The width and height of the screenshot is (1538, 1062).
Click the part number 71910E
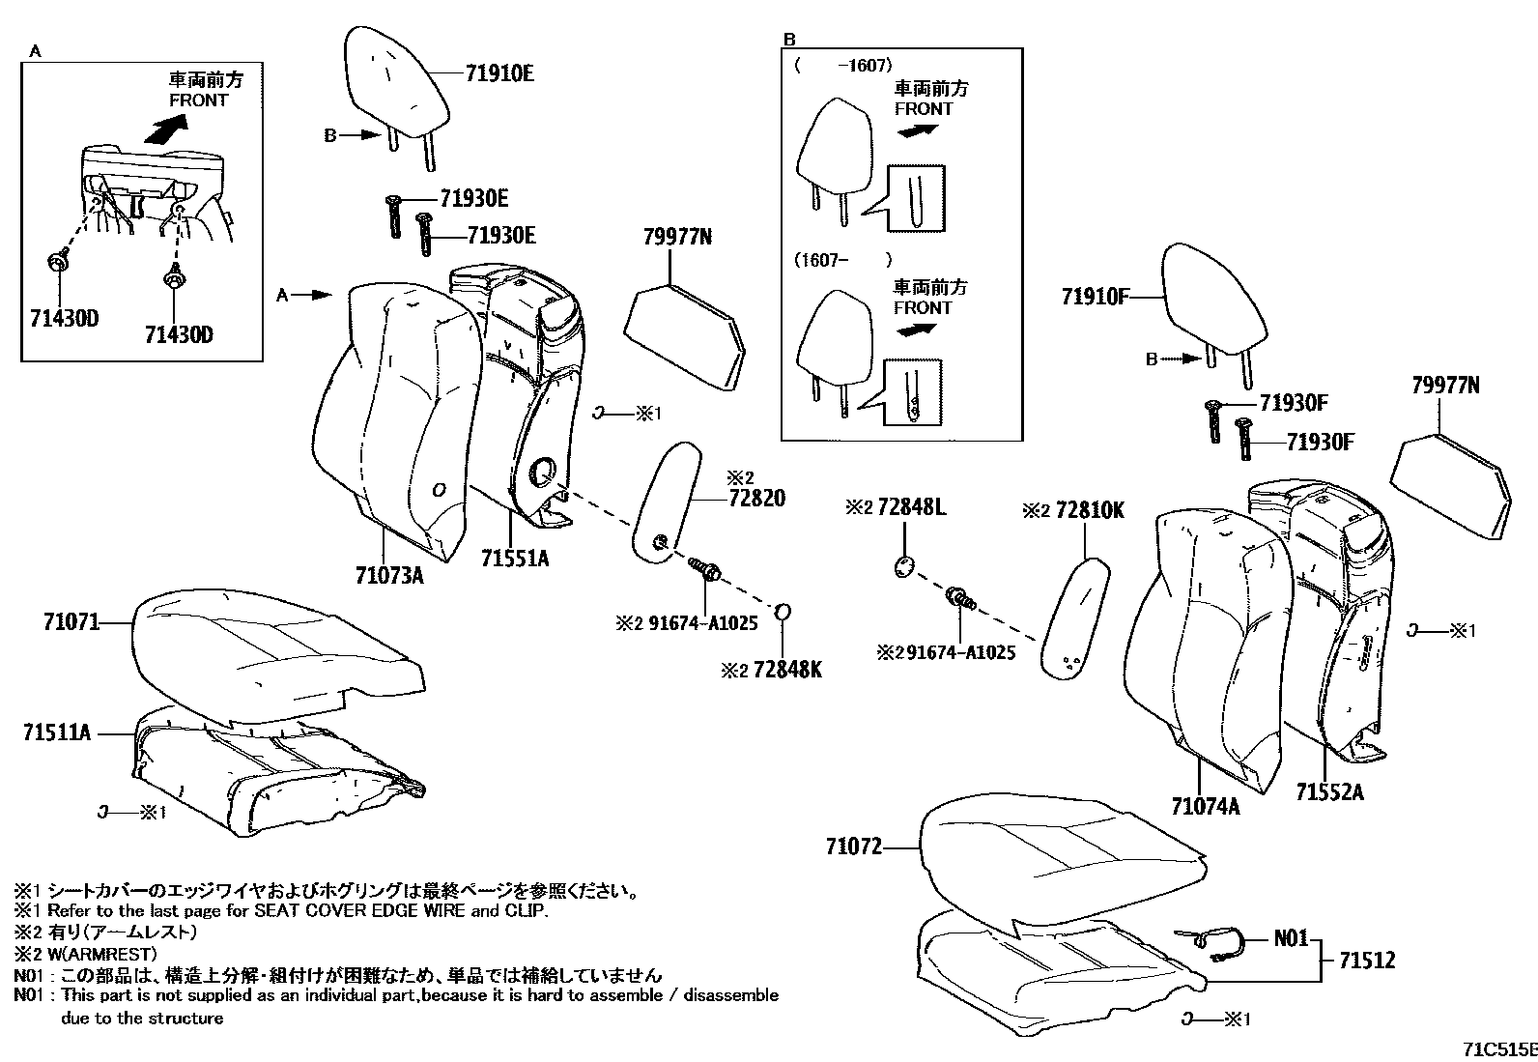(499, 73)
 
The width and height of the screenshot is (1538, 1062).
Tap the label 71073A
(389, 577)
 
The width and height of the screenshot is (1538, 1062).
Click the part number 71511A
(57, 733)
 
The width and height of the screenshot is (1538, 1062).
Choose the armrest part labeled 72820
(666, 502)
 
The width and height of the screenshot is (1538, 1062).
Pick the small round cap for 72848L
(903, 565)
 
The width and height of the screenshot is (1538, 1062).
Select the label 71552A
(1330, 792)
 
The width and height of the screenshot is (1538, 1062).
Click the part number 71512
(1367, 961)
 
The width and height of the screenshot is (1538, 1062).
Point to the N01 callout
(1290, 937)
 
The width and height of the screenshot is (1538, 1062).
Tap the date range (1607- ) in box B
(842, 260)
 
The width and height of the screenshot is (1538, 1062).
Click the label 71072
(854, 847)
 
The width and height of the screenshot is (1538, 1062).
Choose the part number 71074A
(1205, 806)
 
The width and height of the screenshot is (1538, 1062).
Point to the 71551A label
(515, 558)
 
